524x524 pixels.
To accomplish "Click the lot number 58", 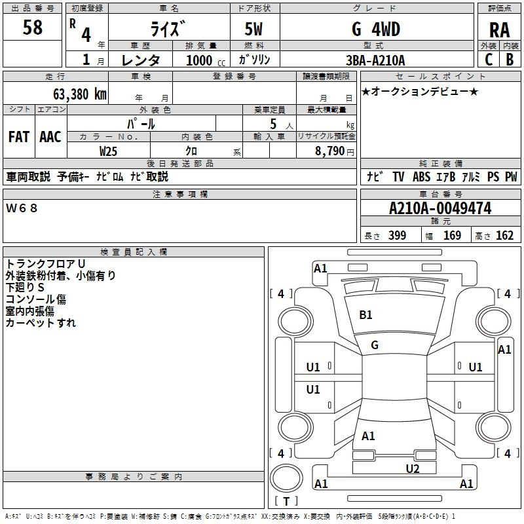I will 33,28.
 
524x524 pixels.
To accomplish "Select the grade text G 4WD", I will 375,29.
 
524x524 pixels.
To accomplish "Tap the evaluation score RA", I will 499,29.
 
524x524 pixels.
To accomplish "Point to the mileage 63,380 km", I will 72,94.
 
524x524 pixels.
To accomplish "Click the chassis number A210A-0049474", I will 440,209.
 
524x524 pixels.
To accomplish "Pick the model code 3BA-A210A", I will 375,60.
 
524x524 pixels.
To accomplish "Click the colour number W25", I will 109,151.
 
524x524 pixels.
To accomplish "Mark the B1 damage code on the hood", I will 365,315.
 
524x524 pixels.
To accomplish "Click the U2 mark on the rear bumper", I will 412,468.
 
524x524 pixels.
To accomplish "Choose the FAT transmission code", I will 19,136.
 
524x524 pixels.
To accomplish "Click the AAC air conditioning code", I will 50,136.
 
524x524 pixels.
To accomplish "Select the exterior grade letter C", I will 489,60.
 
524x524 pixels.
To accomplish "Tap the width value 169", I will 452,236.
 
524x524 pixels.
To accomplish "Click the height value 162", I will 504,236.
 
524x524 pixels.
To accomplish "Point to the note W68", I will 22,208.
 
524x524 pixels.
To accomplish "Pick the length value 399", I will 397,236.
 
